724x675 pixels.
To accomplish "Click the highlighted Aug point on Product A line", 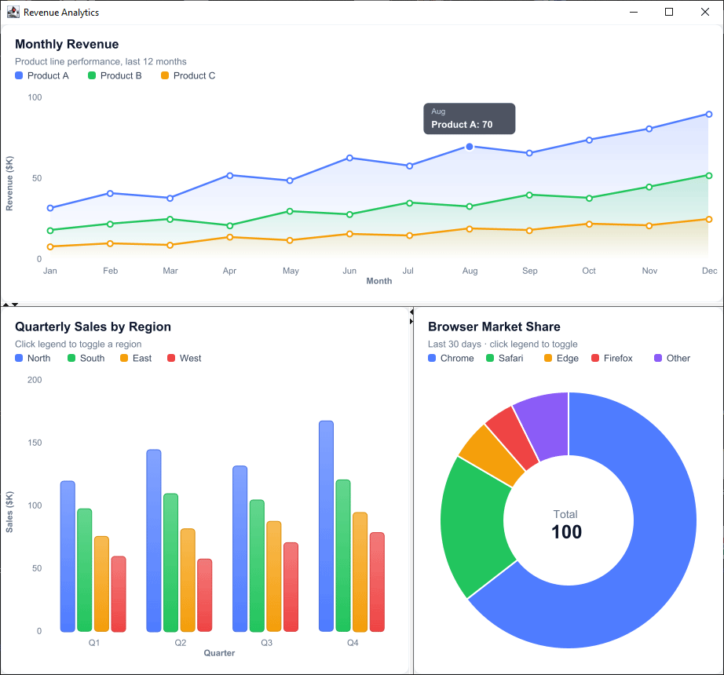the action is [x=469, y=147].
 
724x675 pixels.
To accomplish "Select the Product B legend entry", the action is [x=115, y=75].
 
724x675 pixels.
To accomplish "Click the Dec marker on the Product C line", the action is [x=709, y=219].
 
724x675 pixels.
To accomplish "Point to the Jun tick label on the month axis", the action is [x=349, y=271].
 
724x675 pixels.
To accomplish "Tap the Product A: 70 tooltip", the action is [x=469, y=119].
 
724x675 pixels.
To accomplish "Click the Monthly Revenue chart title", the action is [x=67, y=44].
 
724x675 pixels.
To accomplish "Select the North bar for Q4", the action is [x=326, y=526].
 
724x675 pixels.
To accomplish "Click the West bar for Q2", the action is [x=204, y=595].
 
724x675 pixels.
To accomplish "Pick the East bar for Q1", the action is [x=101, y=584].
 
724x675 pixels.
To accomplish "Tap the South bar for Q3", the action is [x=257, y=566].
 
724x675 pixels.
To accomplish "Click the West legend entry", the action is [x=185, y=358].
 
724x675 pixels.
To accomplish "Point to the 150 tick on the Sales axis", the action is [x=35, y=443].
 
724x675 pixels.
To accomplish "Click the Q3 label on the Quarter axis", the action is [x=266, y=643].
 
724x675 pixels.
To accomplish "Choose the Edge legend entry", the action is [x=561, y=358].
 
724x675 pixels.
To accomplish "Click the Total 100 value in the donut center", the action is [x=566, y=531].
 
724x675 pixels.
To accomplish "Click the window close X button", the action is [x=704, y=12].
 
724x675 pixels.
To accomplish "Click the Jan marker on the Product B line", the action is [x=50, y=230].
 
